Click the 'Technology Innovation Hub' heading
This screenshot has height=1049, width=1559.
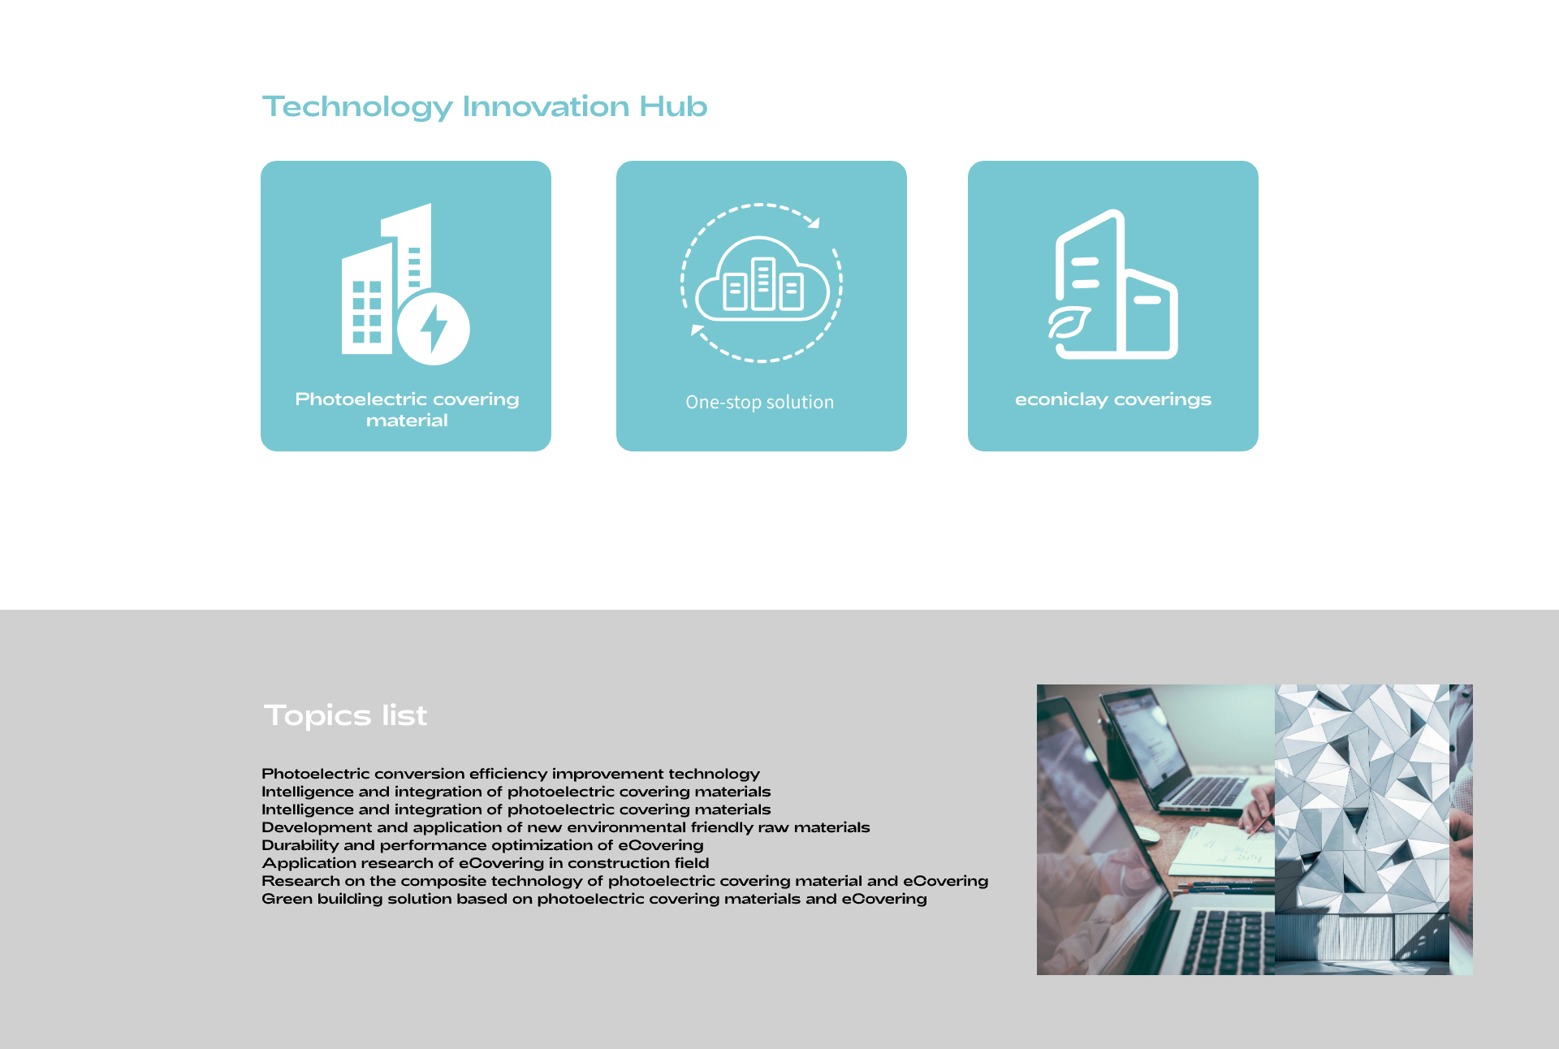pyautogui.click(x=485, y=107)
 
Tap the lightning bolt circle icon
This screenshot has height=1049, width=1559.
pyautogui.click(x=434, y=329)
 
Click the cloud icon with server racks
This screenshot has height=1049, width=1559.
pyautogui.click(x=762, y=278)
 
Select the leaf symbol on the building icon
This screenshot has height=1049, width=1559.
pyautogui.click(x=1069, y=323)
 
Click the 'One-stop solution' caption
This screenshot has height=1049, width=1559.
pyautogui.click(x=760, y=402)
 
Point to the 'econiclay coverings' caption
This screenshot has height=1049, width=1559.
pyautogui.click(x=1113, y=399)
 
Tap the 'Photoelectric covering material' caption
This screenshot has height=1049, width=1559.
pyautogui.click(x=407, y=410)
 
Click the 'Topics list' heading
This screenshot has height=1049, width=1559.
pyautogui.click(x=345, y=715)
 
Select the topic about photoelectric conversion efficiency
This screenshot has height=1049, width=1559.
pyautogui.click(x=511, y=774)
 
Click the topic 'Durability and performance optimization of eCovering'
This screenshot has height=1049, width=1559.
pyautogui.click(x=482, y=845)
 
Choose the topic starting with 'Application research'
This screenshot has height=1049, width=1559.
pyautogui.click(x=486, y=863)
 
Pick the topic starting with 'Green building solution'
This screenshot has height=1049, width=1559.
pyautogui.click(x=594, y=899)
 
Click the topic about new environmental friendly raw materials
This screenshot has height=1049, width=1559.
pyautogui.click(x=566, y=827)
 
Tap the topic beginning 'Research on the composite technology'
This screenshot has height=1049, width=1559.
pyautogui.click(x=625, y=881)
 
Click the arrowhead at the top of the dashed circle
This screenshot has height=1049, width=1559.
pyautogui.click(x=814, y=222)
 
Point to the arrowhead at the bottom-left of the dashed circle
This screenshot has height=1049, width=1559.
pyautogui.click(x=697, y=330)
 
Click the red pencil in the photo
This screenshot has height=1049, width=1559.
pyautogui.click(x=1260, y=824)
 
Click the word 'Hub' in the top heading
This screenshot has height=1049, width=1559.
pyautogui.click(x=673, y=106)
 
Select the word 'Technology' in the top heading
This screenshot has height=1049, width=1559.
pyautogui.click(x=357, y=107)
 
